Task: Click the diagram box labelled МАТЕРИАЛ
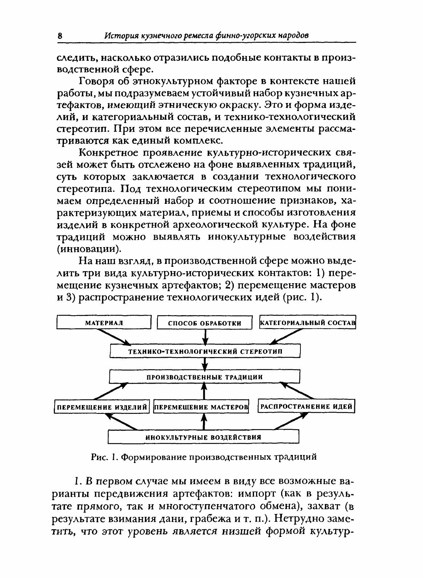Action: (104, 322)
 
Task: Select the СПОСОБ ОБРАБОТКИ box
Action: (205, 323)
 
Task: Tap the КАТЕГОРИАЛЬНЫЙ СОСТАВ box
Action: (307, 323)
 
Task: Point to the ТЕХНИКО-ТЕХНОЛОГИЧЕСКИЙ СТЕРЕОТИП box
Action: (205, 352)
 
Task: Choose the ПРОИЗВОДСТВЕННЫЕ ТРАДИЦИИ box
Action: (205, 377)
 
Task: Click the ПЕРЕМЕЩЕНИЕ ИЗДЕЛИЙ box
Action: (101, 407)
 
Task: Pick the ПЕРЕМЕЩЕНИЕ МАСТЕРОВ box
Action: (201, 407)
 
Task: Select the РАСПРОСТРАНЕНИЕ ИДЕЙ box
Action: (306, 407)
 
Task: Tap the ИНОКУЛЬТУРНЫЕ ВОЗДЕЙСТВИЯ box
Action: (203, 437)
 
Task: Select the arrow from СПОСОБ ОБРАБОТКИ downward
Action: (205, 336)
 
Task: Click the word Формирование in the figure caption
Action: (146, 457)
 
